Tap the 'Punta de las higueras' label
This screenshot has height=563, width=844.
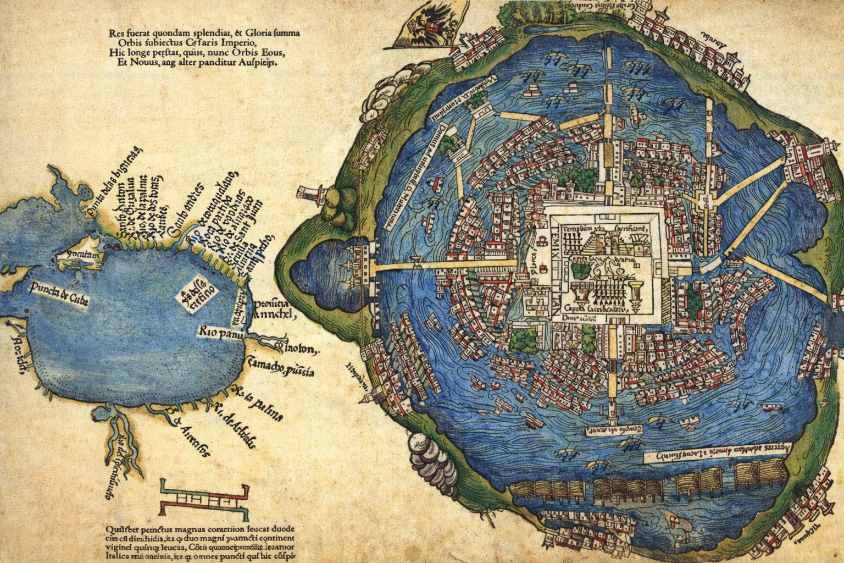[x=124, y=187]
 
